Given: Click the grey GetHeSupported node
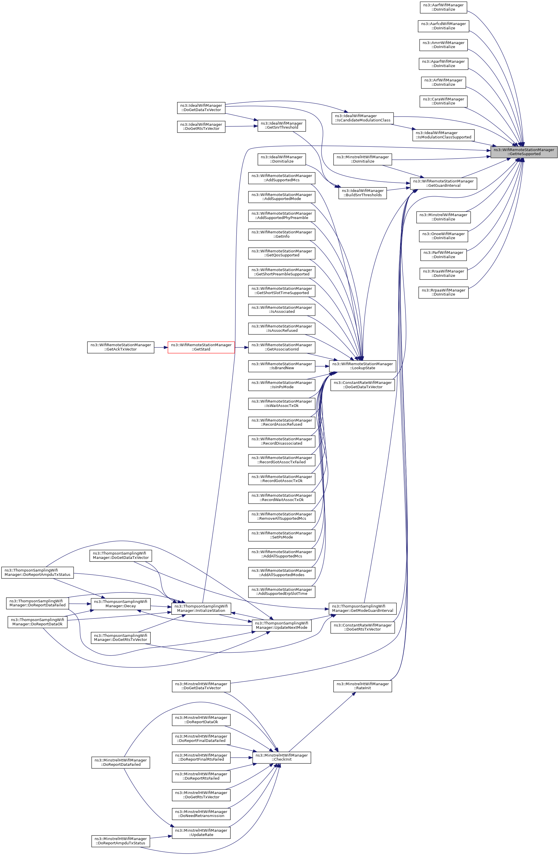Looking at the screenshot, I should point(524,152).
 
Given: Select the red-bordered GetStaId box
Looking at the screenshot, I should point(201,347).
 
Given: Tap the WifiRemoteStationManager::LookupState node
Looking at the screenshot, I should point(363,366).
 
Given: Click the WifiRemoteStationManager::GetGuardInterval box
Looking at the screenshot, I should point(443,183).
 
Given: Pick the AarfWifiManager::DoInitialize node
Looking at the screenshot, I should point(443,7).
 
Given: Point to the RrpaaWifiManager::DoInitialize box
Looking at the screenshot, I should point(443,292).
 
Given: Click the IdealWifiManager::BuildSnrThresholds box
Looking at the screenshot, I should point(363,193).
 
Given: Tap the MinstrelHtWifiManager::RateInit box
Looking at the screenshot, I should point(362,686).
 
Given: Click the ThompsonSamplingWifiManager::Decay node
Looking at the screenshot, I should point(120,603).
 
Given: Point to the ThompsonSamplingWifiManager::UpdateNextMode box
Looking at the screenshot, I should point(282,625).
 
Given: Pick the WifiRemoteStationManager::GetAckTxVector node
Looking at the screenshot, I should point(121,347).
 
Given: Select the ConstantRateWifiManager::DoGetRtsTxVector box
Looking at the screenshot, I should point(363,627).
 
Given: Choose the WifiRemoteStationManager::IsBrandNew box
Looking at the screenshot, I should point(282,366).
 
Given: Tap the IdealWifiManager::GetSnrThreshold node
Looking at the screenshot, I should point(282,125).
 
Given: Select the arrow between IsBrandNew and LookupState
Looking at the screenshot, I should point(322,366).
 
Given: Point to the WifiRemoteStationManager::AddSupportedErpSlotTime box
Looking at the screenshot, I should point(282,591).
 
